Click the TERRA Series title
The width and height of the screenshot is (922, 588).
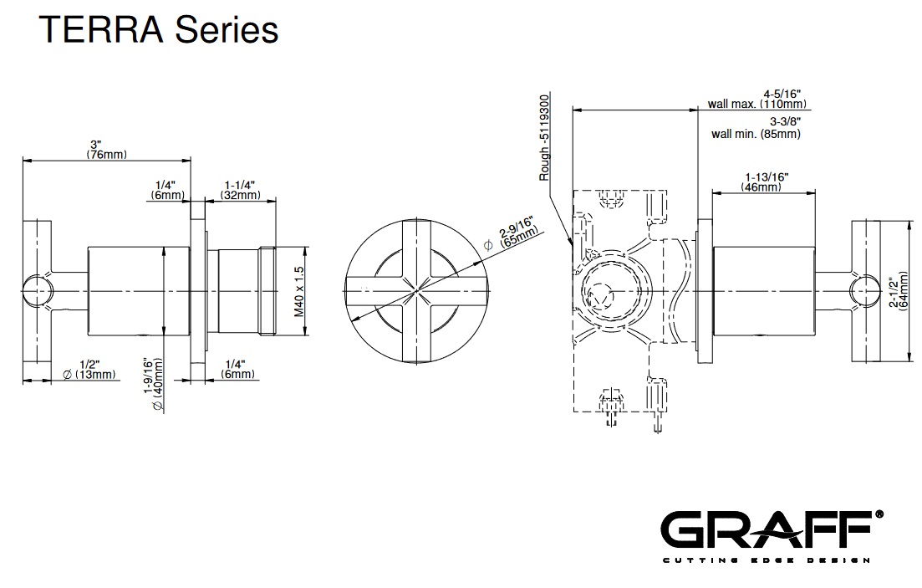point(159,31)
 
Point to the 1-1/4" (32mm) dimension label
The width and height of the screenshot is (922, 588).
point(240,189)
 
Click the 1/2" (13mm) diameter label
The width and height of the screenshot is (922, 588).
point(89,369)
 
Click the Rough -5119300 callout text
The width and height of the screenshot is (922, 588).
point(545,137)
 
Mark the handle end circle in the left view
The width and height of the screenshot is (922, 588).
point(35,290)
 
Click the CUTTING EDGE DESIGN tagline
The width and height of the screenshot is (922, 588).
point(767,560)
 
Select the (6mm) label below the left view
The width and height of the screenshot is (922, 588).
point(238,374)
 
